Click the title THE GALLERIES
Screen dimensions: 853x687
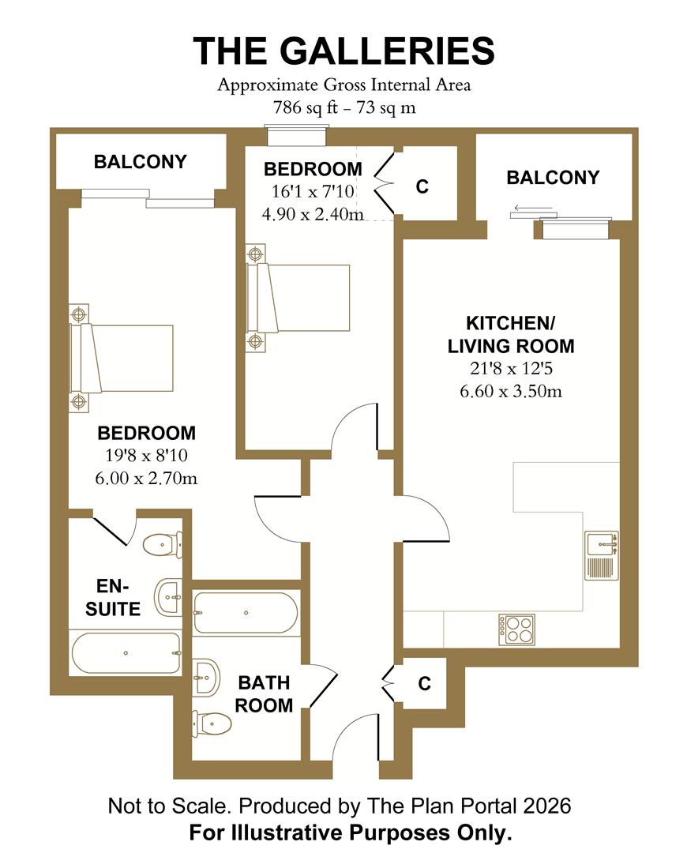tap(343, 51)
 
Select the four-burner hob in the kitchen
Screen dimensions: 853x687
tap(516, 628)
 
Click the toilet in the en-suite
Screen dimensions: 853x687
tap(163, 543)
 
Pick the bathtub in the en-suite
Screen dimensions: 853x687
tap(126, 653)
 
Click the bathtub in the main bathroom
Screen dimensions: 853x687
tap(246, 613)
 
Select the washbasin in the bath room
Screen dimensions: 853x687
tap(207, 676)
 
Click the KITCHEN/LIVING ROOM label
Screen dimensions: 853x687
tap(510, 334)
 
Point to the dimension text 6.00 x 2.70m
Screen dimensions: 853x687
tap(147, 477)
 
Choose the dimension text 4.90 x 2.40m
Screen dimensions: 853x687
tap(313, 213)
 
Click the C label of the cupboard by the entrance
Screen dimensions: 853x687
tap(424, 684)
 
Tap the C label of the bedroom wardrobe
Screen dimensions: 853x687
tap(422, 186)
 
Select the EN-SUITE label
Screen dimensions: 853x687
tap(118, 597)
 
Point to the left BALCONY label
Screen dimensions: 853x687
tap(140, 162)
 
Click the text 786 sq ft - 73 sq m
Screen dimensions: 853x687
tap(343, 108)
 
